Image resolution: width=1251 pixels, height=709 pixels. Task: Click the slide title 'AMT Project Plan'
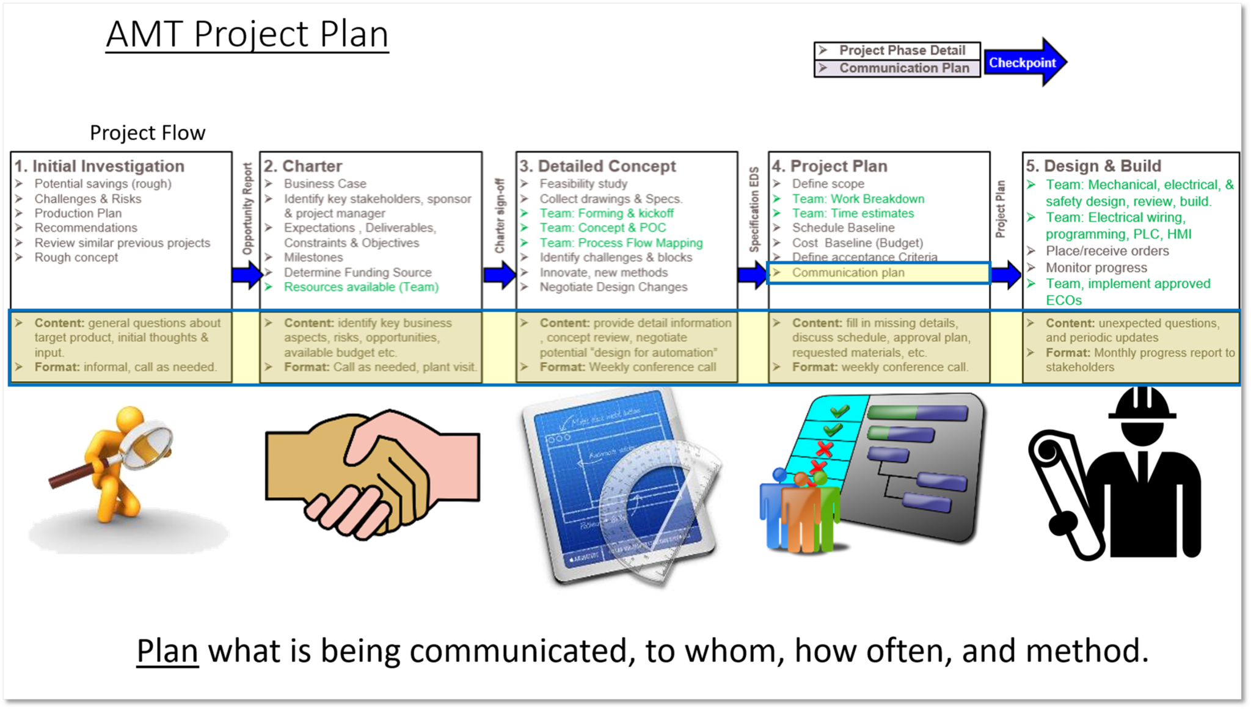pyautogui.click(x=247, y=34)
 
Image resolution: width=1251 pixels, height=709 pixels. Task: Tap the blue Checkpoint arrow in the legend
pyautogui.click(x=1025, y=62)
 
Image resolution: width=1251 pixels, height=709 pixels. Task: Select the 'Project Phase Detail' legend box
pyautogui.click(x=897, y=50)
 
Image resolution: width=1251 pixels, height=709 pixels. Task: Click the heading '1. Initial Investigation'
pyautogui.click(x=100, y=166)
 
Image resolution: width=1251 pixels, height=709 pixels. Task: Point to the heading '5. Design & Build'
pyautogui.click(x=1093, y=166)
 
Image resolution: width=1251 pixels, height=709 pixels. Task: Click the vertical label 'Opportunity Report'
pyautogui.click(x=247, y=208)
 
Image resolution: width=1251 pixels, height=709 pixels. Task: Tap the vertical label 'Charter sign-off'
pyautogui.click(x=500, y=216)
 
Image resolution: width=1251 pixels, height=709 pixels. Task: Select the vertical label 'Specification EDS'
pyautogui.click(x=754, y=209)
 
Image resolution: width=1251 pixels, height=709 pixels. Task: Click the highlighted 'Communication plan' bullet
pyautogui.click(x=848, y=272)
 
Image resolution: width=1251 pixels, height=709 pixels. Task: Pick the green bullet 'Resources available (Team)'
pyautogui.click(x=361, y=287)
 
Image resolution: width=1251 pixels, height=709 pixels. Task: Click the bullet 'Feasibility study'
pyautogui.click(x=583, y=184)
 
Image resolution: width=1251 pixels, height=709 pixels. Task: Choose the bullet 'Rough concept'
pyautogui.click(x=76, y=258)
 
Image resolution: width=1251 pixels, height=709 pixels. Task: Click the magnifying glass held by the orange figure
pyautogui.click(x=146, y=442)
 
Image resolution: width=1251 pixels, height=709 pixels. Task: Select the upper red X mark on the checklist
pyautogui.click(x=825, y=449)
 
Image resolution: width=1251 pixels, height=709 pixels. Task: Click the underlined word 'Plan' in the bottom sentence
pyautogui.click(x=167, y=651)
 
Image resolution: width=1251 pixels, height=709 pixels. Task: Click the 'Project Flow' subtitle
pyautogui.click(x=148, y=133)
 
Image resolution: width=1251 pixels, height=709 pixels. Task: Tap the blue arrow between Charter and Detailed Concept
pyautogui.click(x=500, y=275)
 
